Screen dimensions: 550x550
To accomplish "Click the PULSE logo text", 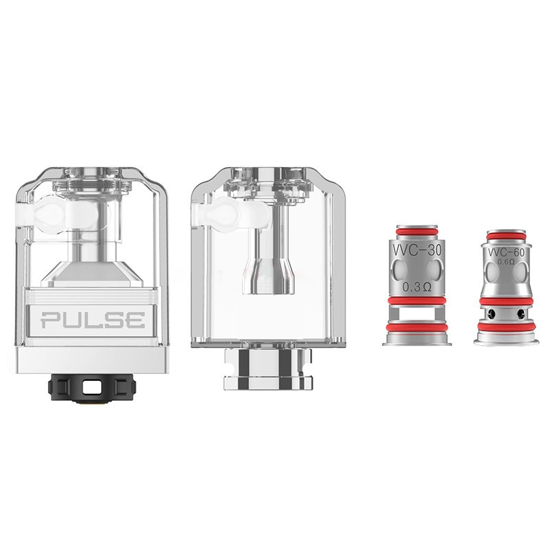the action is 93,320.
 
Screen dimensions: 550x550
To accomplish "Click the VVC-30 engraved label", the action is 417,250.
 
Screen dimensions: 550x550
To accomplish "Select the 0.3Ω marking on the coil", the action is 417,287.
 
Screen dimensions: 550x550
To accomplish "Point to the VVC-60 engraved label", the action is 506,252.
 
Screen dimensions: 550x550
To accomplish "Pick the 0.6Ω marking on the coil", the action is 506,262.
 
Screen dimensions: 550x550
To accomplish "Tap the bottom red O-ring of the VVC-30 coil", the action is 417,329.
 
